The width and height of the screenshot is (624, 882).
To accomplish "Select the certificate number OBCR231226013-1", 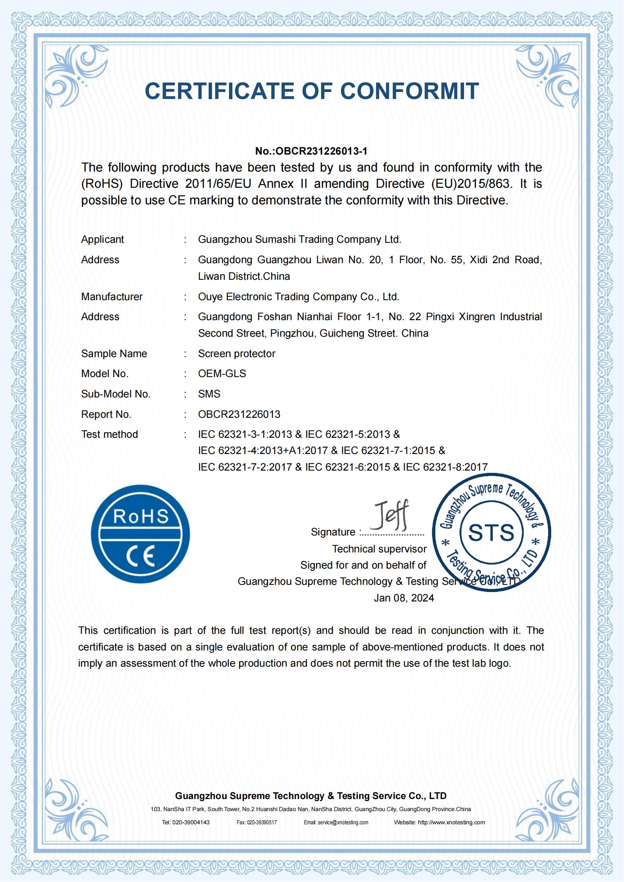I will [321, 151].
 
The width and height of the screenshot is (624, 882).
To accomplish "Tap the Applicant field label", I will [102, 239].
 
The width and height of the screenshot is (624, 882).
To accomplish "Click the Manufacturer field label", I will [111, 296].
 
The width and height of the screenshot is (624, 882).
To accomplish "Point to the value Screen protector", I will [236, 353].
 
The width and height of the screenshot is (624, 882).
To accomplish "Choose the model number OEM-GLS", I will [222, 373].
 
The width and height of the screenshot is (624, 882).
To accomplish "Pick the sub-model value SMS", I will [209, 394].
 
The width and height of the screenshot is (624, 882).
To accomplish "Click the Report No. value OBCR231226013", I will [239, 414].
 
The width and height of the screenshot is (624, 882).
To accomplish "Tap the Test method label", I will [109, 434].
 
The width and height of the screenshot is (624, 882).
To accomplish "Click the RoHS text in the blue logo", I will [141, 516].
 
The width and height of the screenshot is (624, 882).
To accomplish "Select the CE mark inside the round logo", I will [141, 556].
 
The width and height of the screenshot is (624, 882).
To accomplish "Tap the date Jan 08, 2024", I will [404, 598].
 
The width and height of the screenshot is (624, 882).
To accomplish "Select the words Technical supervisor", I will [379, 549].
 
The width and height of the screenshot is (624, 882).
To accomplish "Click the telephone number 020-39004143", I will [191, 822].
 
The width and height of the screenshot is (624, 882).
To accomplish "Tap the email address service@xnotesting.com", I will [343, 822].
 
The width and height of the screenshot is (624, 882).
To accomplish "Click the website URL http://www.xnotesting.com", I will [451, 822].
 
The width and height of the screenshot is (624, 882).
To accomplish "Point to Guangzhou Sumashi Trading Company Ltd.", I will [299, 239].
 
